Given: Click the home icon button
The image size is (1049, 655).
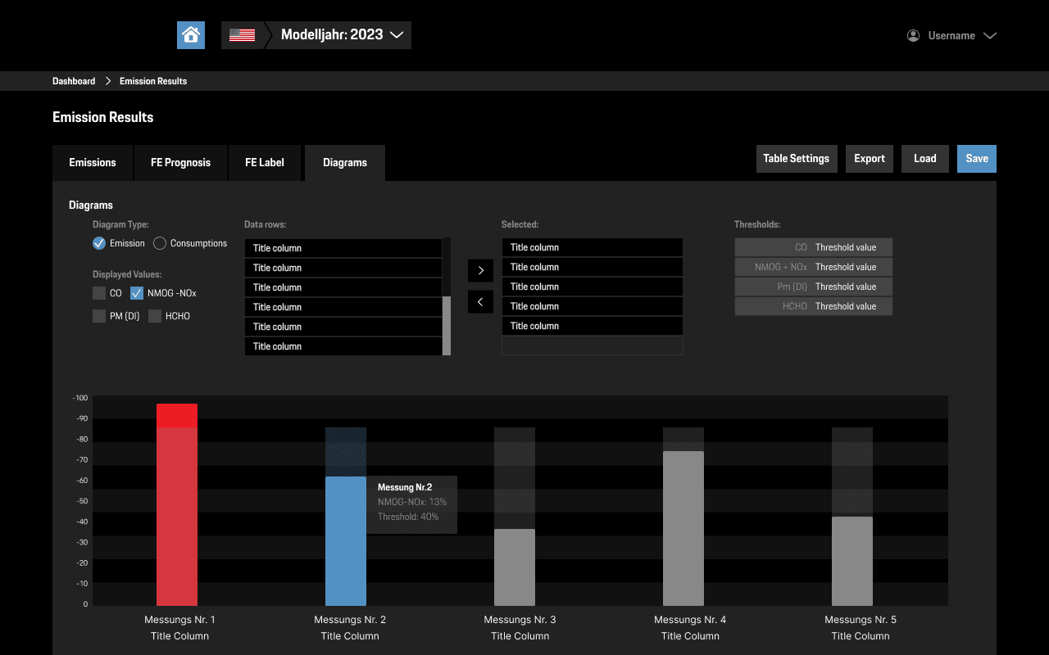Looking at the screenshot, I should [191, 35].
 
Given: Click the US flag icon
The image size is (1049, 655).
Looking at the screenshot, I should [242, 35].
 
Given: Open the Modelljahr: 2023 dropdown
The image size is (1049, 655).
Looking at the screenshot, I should [342, 35].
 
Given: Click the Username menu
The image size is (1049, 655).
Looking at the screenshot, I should [951, 36].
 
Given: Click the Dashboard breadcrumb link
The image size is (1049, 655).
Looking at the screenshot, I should [74, 81].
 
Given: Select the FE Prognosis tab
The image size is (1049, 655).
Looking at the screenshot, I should [180, 163].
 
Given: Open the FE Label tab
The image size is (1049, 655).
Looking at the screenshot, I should [265, 163].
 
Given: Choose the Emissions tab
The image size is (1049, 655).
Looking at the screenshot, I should [93, 163].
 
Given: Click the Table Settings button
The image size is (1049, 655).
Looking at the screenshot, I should [796, 159].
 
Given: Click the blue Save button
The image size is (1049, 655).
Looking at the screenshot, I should [976, 159].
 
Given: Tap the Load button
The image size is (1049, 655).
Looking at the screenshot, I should [924, 159].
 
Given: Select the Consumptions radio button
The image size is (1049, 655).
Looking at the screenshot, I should [160, 243].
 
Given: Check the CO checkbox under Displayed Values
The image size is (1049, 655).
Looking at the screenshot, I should [99, 293].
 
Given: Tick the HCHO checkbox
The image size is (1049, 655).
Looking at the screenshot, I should [155, 316].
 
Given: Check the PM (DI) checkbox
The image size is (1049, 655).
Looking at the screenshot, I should [99, 316].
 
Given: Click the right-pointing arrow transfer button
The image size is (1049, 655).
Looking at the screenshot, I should [480, 270].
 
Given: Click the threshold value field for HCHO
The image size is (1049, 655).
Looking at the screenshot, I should [851, 306].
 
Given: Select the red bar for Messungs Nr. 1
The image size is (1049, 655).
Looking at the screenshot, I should [177, 508].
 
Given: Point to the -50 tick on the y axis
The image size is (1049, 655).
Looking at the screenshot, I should [81, 501].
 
